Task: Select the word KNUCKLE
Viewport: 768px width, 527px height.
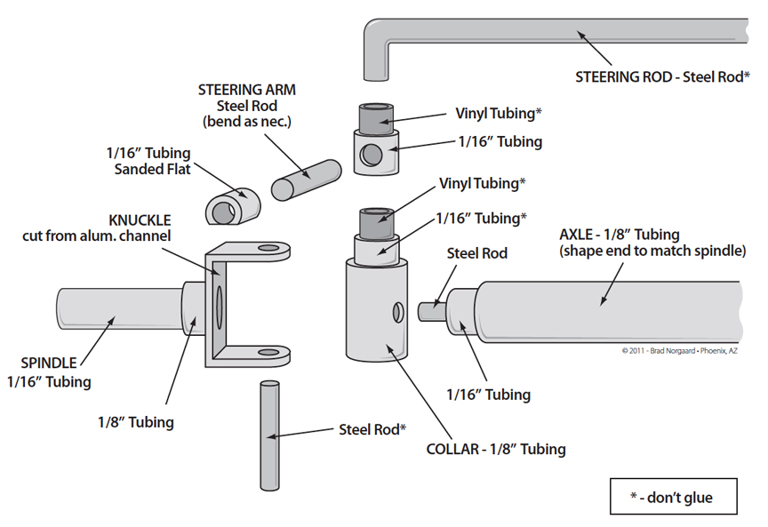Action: coord(141,219)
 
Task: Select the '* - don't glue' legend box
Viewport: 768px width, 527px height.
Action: coord(673,497)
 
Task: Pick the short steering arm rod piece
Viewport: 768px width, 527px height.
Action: coord(306,180)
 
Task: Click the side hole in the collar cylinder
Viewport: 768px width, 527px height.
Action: coord(395,313)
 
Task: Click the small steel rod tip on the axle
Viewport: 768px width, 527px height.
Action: coord(431,307)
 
